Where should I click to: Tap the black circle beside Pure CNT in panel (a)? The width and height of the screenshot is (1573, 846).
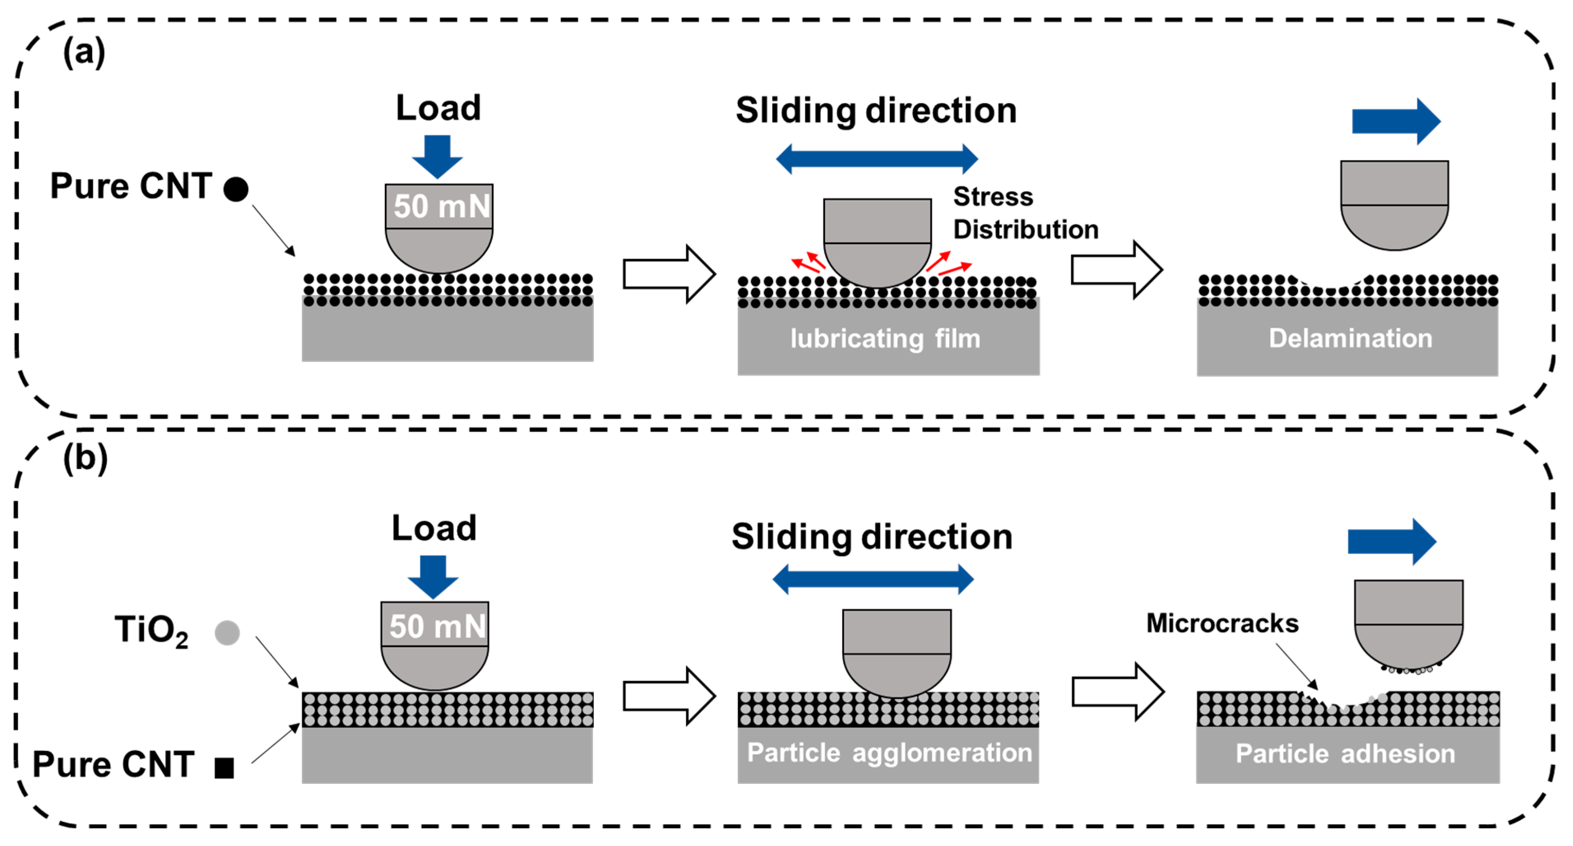pos(236,189)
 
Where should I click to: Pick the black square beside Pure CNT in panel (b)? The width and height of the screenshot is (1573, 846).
pos(224,768)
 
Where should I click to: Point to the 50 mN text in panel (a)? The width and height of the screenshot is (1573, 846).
pos(441,207)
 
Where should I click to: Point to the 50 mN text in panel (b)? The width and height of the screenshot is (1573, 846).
pos(437,627)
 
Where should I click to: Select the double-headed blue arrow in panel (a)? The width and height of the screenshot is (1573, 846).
pos(876,159)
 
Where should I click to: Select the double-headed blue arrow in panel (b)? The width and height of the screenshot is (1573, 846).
pos(873,579)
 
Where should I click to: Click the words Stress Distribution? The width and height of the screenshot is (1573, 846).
pos(1025,213)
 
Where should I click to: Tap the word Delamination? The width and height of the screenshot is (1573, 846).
pos(1350,338)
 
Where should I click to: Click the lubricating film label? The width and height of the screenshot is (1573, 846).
pos(885,338)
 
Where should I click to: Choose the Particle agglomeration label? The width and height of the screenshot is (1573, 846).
pos(889,753)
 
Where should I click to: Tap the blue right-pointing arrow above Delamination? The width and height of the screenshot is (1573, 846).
pos(1396,121)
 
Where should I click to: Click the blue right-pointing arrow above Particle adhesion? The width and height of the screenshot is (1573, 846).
pos(1392,541)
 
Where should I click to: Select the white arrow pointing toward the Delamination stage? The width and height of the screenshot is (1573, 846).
pos(1116,270)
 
